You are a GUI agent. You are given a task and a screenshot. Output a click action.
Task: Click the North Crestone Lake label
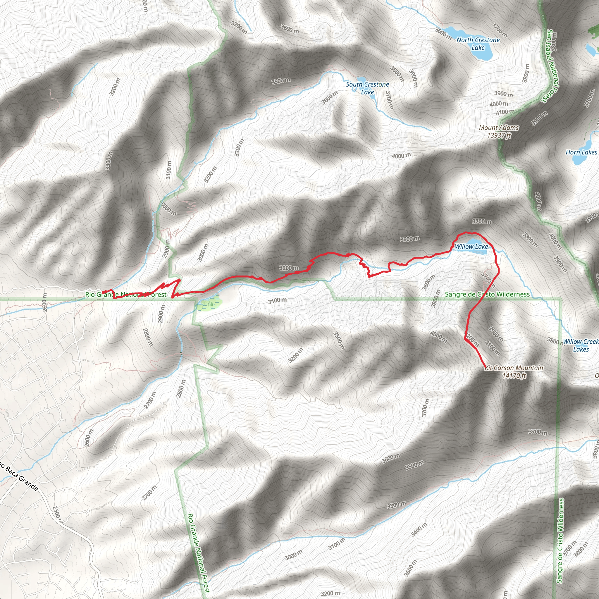coord(478,44)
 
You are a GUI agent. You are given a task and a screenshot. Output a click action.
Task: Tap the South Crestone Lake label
coord(367,88)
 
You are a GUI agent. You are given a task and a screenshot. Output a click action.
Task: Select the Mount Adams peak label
coord(499,128)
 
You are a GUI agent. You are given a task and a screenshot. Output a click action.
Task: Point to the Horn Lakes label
coord(581,152)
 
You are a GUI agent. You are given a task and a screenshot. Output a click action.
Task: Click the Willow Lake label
coord(471,247)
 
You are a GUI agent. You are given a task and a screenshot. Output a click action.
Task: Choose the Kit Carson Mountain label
coord(514,368)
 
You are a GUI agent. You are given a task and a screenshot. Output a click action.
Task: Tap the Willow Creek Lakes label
coord(580,345)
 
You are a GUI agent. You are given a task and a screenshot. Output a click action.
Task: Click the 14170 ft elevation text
coord(514,376)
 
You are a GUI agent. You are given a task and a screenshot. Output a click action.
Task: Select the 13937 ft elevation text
coord(499,135)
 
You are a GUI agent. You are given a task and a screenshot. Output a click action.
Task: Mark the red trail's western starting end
coord(103,292)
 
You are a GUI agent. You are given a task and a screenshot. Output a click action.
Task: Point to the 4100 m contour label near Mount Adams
coord(505,112)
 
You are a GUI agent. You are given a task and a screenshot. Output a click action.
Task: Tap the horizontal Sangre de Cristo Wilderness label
coord(487,294)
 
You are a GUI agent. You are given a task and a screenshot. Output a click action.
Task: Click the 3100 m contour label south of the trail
coord(277,300)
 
